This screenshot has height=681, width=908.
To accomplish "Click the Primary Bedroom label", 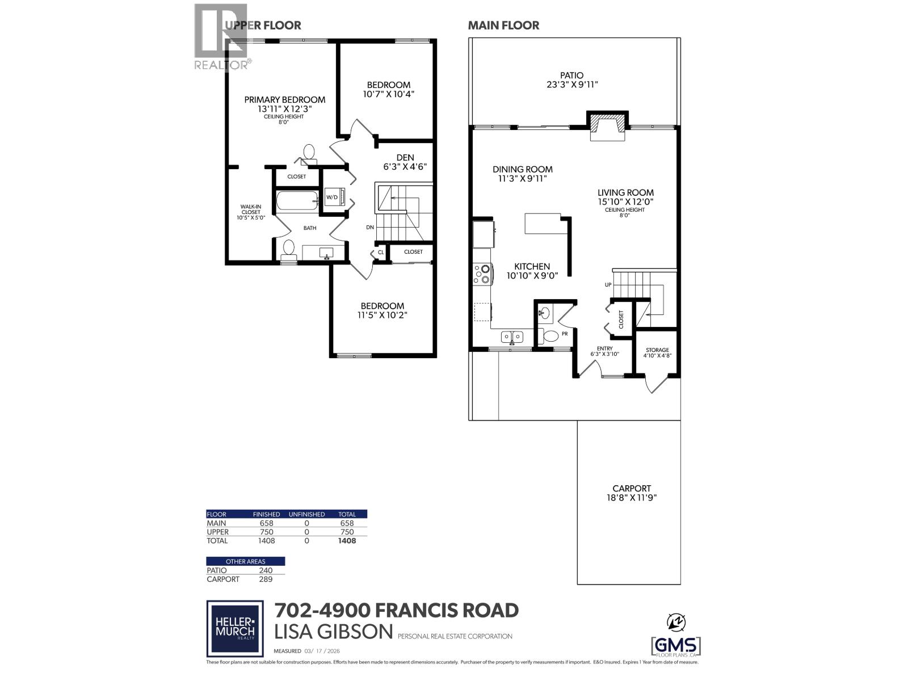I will [x=284, y=99].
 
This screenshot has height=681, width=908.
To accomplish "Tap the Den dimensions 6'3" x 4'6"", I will [x=405, y=167].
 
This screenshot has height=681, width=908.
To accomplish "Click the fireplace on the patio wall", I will [x=607, y=125].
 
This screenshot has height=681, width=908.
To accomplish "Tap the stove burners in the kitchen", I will [x=482, y=274].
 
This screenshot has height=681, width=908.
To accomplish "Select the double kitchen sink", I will [x=512, y=337].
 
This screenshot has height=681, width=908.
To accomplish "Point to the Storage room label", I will [x=657, y=350].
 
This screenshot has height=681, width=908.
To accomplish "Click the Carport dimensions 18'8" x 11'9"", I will [x=632, y=498].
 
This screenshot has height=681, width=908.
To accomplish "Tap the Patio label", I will [x=571, y=75].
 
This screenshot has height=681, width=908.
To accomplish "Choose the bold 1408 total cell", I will [x=347, y=541].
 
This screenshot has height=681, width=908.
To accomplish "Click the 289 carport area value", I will [x=266, y=579].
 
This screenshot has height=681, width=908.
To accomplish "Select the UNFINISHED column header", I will [x=306, y=514].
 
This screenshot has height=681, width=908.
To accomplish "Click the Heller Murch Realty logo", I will [x=234, y=628].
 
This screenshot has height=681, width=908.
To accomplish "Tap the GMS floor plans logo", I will [x=675, y=646].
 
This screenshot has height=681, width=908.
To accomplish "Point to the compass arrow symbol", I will [x=675, y=623].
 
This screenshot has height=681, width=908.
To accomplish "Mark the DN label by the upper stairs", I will [x=370, y=227].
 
